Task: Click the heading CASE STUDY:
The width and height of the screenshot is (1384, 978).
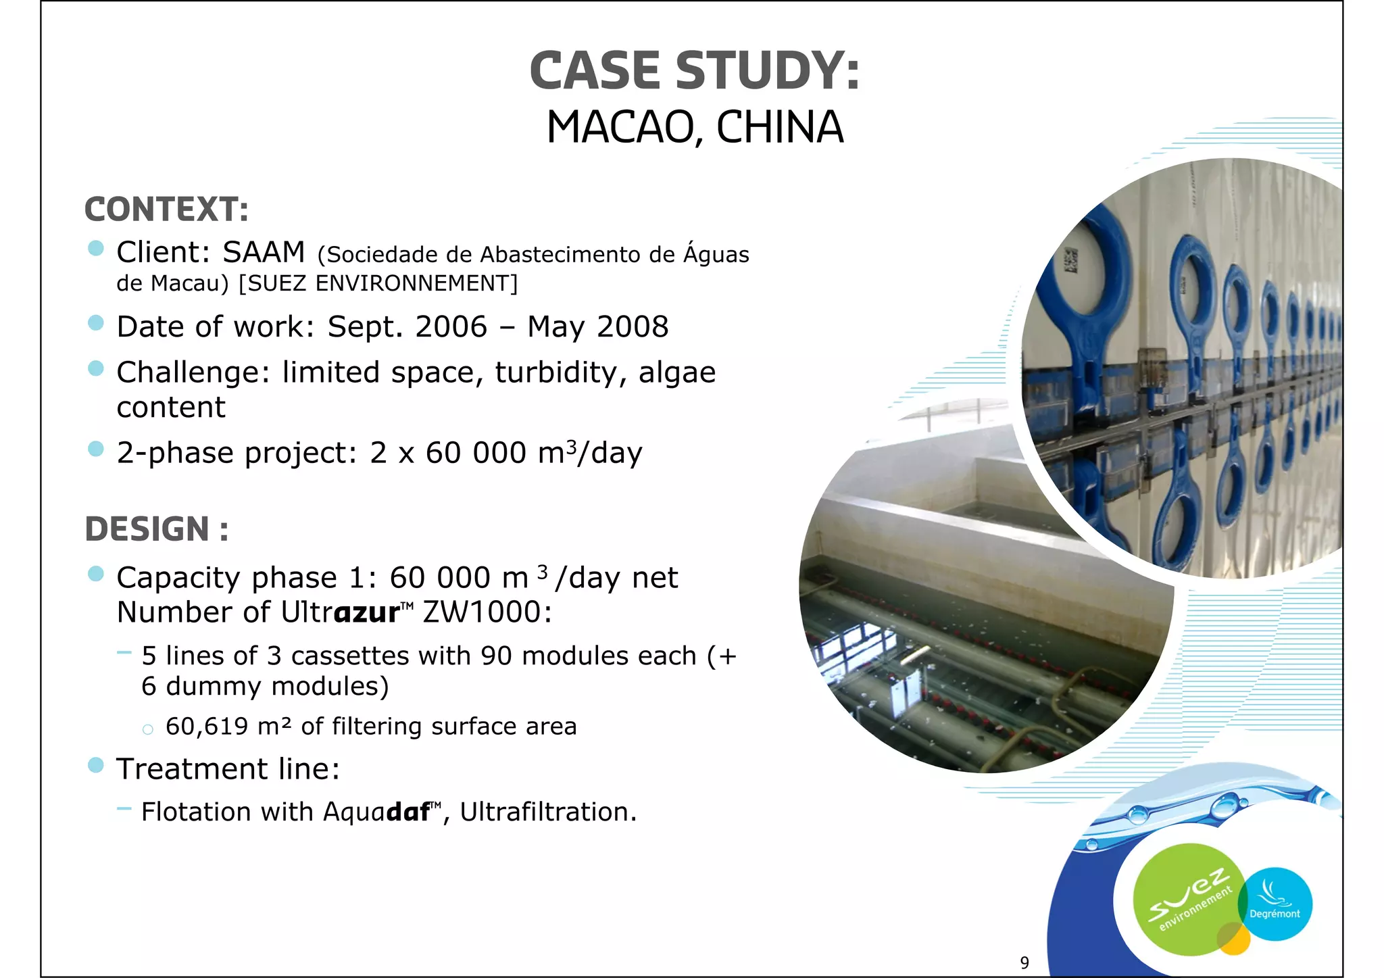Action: tap(694, 71)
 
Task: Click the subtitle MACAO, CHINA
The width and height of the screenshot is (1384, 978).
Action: tap(695, 127)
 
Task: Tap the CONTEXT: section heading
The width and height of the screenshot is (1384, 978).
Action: tap(166, 210)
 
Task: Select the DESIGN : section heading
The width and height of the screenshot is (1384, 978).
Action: tap(156, 529)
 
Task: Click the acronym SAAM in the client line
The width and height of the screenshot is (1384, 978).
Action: tap(264, 253)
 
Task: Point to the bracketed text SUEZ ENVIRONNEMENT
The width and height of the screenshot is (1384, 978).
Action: tap(378, 283)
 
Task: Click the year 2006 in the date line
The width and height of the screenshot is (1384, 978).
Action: tap(451, 327)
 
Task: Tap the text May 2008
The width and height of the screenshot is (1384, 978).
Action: tap(597, 327)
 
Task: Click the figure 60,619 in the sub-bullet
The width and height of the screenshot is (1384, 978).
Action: tap(207, 727)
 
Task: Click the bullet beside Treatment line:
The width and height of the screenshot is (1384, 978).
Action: tap(96, 765)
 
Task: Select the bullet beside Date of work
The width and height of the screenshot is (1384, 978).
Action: tap(96, 323)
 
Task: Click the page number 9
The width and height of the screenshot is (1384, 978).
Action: tap(1024, 962)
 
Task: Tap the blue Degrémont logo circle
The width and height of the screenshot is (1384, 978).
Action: tap(1276, 904)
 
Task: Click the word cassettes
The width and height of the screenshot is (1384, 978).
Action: tap(350, 656)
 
